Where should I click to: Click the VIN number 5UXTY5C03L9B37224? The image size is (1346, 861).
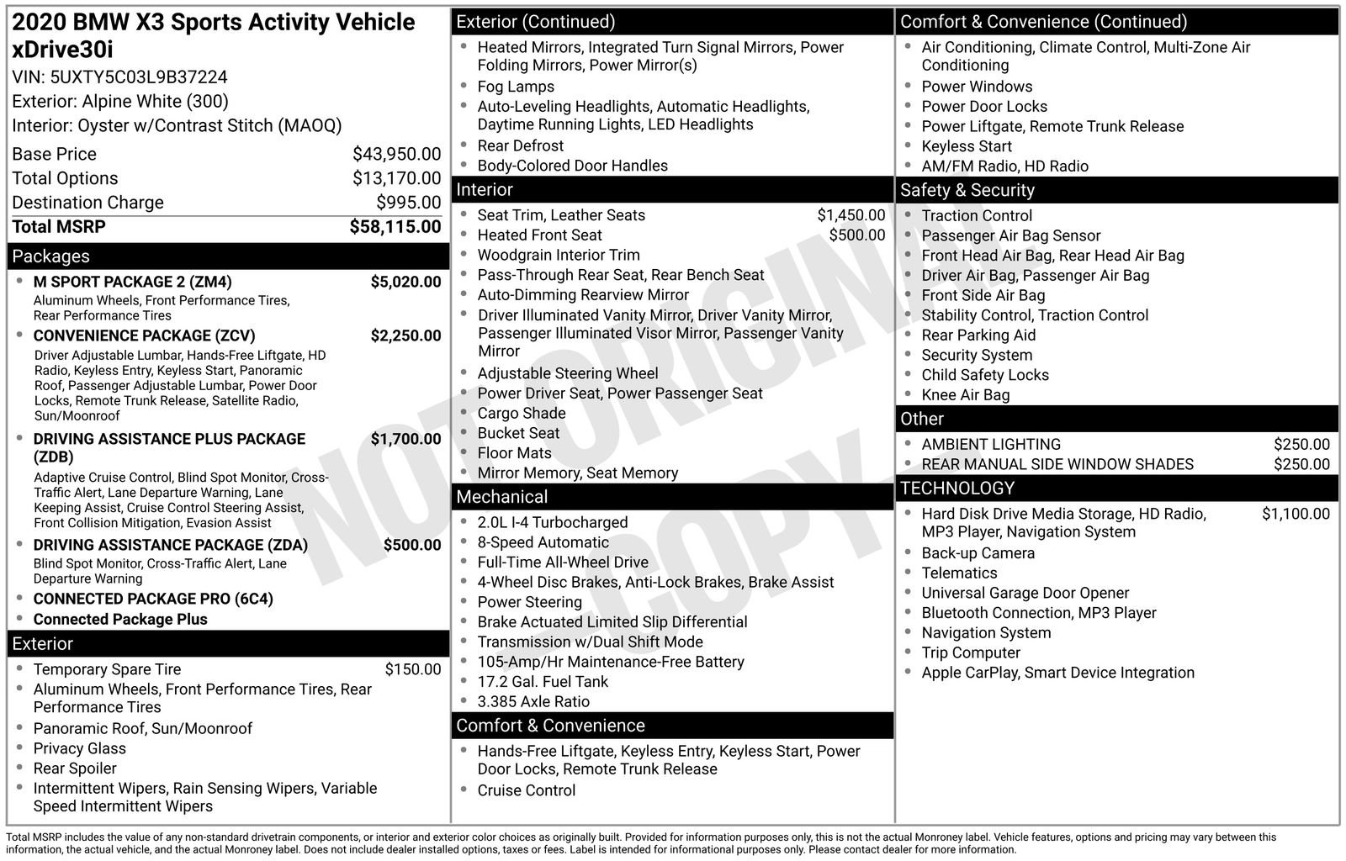point(139,77)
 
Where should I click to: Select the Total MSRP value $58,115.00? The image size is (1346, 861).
point(395,227)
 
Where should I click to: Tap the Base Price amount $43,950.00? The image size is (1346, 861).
point(396,154)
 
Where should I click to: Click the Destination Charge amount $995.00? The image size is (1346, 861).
point(408,203)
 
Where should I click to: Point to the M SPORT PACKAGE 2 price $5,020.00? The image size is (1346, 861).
point(405,282)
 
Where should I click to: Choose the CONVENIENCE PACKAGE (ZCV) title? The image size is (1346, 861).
point(144,335)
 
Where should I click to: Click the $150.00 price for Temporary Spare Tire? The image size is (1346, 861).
point(412,669)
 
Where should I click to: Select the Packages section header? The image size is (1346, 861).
point(50,256)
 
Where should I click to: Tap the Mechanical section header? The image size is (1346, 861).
point(501,497)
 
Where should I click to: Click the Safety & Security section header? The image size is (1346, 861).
point(967,190)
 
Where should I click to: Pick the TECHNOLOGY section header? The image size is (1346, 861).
point(957,488)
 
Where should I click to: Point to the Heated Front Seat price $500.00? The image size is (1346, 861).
point(856,235)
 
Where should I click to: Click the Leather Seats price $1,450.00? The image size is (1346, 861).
point(851,215)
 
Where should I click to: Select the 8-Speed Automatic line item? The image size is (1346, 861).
point(543,542)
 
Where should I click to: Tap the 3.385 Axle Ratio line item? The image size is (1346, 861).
point(533,701)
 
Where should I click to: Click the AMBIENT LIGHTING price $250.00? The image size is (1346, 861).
point(1301,444)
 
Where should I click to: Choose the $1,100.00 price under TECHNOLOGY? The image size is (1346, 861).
point(1296,514)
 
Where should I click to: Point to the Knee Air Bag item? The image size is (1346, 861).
point(965,395)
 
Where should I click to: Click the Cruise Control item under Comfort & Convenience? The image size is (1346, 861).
point(526,790)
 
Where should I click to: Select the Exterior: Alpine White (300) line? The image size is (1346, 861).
point(120,102)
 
